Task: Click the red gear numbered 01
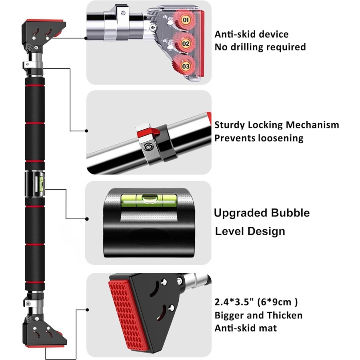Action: coord(185,19)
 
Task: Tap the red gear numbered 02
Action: coord(185,42)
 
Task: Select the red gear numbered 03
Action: coord(185,66)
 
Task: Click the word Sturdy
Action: coord(229,125)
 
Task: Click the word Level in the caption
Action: coord(230,231)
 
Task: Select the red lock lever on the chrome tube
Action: coord(146,130)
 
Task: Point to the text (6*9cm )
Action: coord(278,302)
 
